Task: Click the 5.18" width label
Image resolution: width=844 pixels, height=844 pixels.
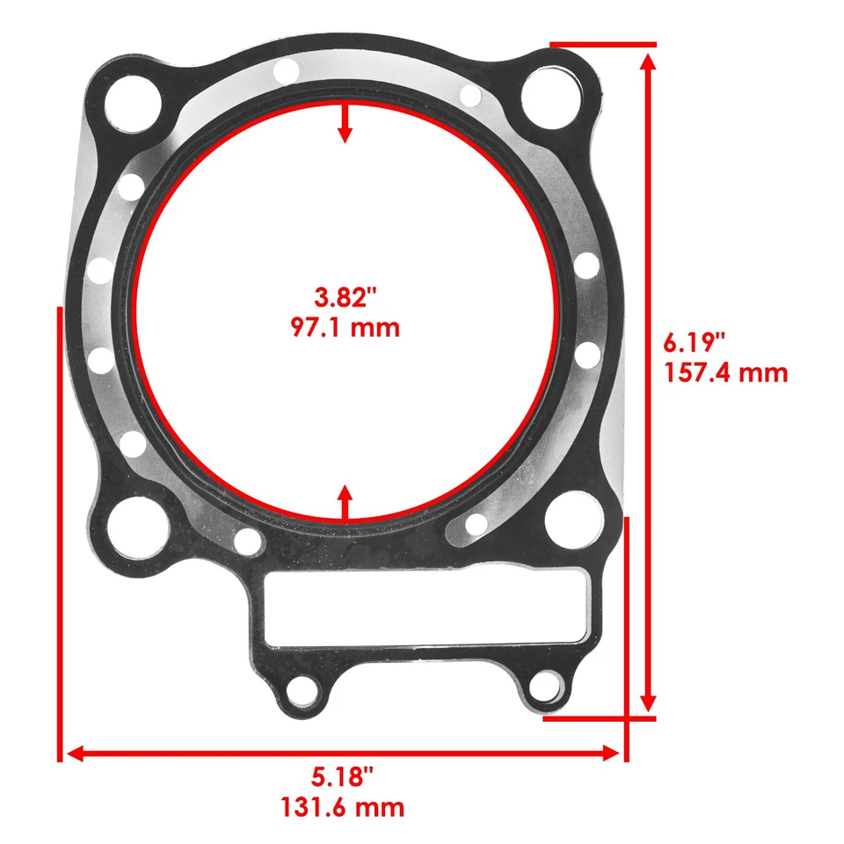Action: [x=343, y=776]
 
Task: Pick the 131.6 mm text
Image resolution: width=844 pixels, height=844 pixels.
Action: [x=343, y=805]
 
